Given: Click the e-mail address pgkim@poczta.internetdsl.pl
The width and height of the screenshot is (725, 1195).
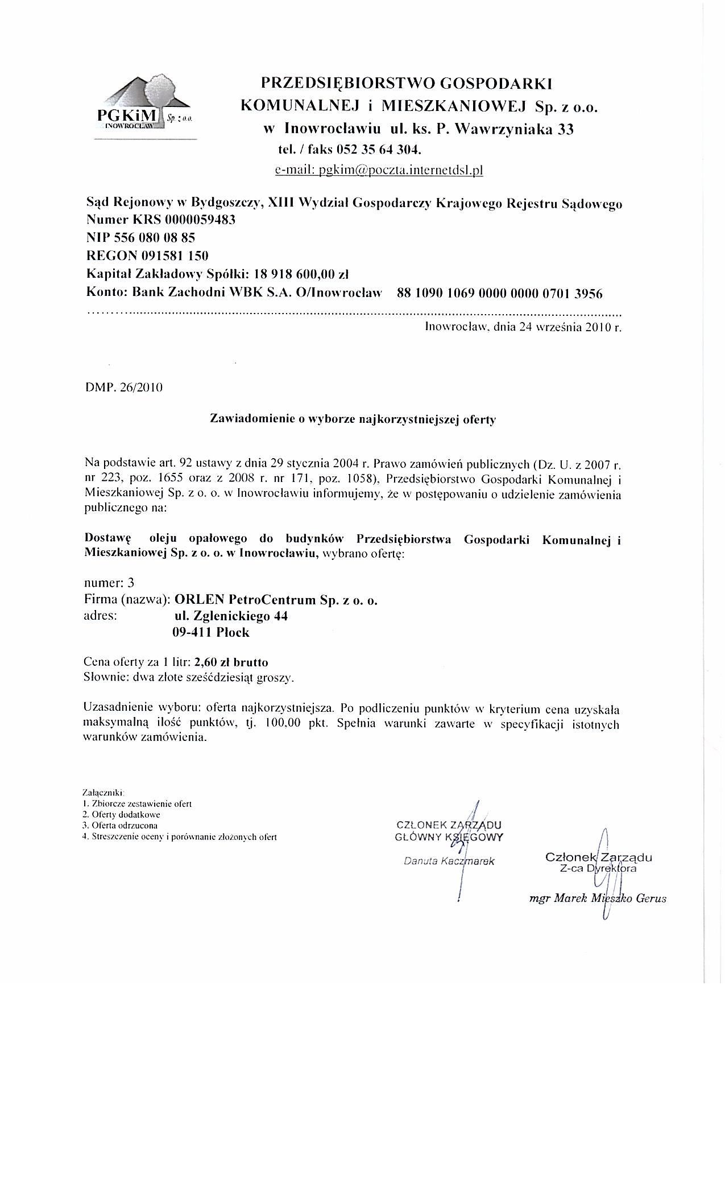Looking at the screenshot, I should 379,170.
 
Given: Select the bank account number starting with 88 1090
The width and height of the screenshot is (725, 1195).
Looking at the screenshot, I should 500,293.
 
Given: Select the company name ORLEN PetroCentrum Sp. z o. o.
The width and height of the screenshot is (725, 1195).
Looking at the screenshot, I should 276,600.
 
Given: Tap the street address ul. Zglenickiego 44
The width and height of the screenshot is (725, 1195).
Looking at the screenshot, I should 231,616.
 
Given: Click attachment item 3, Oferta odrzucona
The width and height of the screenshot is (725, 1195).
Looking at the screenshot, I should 120,825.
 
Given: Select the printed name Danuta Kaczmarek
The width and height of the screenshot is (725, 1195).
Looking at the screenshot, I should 449,861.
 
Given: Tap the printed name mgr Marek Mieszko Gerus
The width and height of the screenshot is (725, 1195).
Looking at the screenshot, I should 597,899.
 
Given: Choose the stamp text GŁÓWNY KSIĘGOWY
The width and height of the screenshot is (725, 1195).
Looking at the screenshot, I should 449,836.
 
